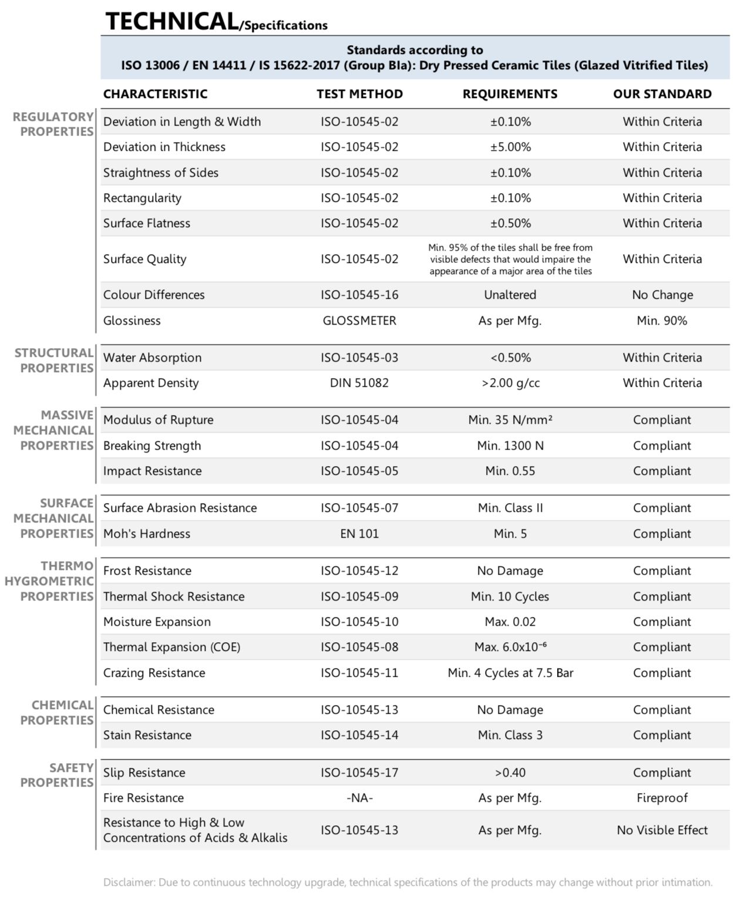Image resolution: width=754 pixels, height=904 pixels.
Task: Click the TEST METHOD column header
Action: [x=359, y=94]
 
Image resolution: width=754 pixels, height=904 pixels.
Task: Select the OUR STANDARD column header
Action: [x=662, y=94]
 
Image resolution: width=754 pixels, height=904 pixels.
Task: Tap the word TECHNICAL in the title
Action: [x=171, y=22]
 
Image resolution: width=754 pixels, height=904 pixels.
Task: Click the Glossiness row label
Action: [x=132, y=321]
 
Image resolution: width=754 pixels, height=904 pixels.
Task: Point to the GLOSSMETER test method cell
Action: [x=359, y=321]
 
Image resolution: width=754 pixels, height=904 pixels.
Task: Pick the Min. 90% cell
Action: [x=662, y=321]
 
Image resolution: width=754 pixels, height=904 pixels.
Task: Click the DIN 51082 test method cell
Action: [x=359, y=383]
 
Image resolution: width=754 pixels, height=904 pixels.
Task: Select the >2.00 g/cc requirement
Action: [x=510, y=383]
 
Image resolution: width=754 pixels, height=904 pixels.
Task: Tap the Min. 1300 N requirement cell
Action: [x=510, y=446]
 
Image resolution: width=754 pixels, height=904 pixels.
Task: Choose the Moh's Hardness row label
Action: [x=147, y=534]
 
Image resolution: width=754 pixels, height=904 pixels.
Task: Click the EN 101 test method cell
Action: [x=359, y=534]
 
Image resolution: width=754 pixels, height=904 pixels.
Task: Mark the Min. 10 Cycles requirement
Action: [x=510, y=596]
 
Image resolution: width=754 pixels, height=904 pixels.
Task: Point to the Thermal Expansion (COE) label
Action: [x=172, y=647]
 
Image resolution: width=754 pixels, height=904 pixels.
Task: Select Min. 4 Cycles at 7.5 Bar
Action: [x=510, y=673]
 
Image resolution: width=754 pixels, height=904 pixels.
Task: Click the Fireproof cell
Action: [x=662, y=798]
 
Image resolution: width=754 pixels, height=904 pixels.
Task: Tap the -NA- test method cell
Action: [x=359, y=798]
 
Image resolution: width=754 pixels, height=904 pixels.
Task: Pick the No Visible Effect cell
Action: [x=662, y=830]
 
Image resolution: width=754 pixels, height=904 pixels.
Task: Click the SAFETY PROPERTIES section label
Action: [x=57, y=775]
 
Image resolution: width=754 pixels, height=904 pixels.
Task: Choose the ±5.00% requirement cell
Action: [x=510, y=147]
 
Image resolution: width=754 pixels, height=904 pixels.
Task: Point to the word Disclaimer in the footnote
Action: [x=129, y=882]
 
